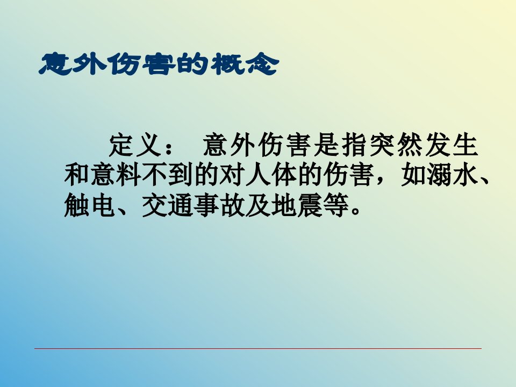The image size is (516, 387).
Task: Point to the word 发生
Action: (451, 145)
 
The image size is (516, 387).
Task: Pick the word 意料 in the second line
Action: (116, 175)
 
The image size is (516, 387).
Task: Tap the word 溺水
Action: (453, 175)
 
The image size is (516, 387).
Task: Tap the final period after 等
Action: (356, 212)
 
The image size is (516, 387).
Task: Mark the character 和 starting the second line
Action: (77, 175)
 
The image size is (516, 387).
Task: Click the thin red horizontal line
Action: (258, 348)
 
